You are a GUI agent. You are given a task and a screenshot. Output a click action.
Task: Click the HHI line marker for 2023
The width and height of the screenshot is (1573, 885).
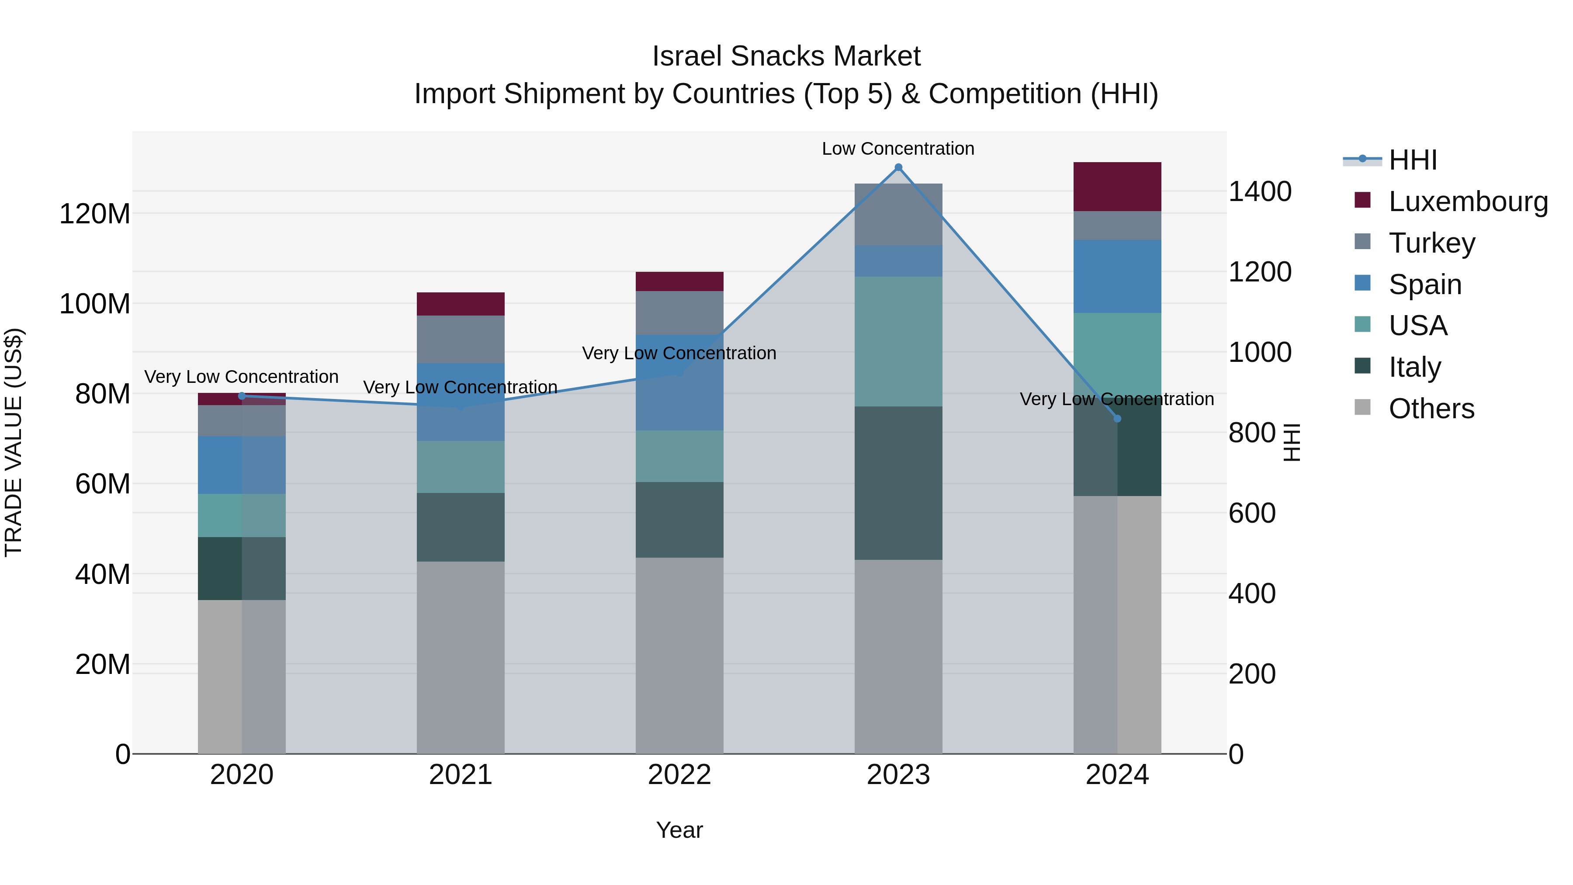tap(898, 167)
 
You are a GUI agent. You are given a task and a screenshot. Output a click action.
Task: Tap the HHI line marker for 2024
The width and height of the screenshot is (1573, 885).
tap(1117, 418)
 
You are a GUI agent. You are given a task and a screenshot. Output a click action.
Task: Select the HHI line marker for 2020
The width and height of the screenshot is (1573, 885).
tap(242, 396)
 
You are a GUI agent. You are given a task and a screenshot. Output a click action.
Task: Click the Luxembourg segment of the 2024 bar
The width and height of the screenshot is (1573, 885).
tap(1117, 186)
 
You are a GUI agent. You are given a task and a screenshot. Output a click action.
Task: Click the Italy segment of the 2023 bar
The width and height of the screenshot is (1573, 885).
tap(898, 482)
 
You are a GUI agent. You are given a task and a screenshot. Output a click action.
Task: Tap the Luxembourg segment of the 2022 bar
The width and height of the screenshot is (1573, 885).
tap(679, 281)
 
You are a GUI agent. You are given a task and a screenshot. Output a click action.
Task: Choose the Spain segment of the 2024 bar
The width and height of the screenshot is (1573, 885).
tap(1117, 276)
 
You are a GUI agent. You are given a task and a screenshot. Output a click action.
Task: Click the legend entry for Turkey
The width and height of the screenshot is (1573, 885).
tap(1431, 243)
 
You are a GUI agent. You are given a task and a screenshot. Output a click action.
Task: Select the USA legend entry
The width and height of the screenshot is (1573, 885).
tap(1417, 326)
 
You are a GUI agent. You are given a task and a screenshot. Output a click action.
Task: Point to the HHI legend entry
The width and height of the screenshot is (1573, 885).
tap(1412, 160)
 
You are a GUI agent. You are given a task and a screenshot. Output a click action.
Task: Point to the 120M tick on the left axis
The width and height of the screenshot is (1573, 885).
tap(95, 214)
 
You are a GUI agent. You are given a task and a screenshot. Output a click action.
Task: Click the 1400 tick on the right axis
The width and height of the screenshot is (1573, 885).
tap(1259, 191)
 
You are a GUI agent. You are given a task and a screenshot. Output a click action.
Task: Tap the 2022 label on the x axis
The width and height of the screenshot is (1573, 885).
tap(679, 774)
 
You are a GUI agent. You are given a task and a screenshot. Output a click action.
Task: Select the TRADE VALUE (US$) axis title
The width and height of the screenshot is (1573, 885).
tap(14, 442)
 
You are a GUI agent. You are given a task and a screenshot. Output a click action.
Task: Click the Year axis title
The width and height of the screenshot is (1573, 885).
tap(679, 830)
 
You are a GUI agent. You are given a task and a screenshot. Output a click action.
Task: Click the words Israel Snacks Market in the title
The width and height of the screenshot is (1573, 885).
tap(786, 56)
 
